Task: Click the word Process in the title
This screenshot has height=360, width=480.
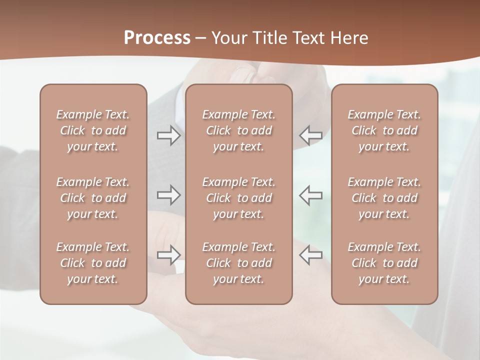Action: [x=157, y=38]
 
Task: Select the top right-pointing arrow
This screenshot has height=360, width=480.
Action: [x=168, y=135]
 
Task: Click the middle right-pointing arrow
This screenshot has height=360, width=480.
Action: [x=168, y=195]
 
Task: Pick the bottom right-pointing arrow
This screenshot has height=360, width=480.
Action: [x=168, y=255]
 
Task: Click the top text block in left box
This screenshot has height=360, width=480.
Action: [x=93, y=130]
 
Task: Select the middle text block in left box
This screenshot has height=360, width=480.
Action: [x=93, y=198]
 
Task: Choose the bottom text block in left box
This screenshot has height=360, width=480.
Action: [x=93, y=263]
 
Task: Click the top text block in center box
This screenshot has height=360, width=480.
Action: [x=238, y=130]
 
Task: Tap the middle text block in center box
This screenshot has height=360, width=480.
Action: [x=238, y=198]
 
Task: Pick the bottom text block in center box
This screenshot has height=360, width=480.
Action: [x=238, y=263]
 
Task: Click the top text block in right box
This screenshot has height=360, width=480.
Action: [x=384, y=130]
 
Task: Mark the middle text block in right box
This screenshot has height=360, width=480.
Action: [x=384, y=198]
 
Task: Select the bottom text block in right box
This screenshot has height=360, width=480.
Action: [x=384, y=263]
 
